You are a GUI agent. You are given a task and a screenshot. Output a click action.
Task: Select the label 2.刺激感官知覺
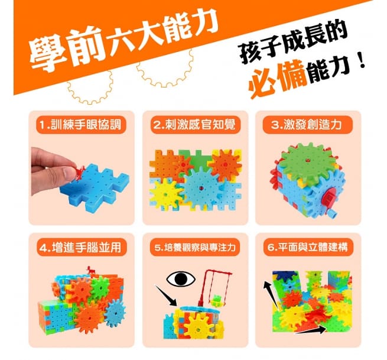pyautogui.click(x=194, y=126)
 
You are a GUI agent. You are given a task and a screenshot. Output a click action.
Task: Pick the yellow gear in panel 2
pyautogui.click(x=165, y=193)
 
